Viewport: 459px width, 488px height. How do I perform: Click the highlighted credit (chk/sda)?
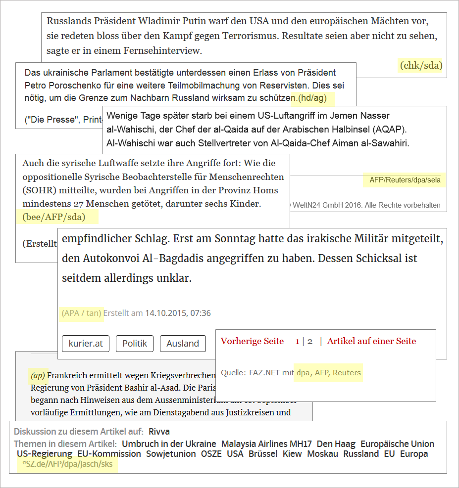pos(421,65)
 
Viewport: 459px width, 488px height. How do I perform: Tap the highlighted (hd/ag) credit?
pos(312,98)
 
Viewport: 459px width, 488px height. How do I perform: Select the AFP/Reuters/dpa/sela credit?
pos(405,180)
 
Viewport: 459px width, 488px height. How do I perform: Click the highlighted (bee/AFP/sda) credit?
pos(54,217)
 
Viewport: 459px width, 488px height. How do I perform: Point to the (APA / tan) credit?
pos(82,313)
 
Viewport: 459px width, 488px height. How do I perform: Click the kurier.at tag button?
pos(86,344)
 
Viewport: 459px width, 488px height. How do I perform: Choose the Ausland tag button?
pos(183,344)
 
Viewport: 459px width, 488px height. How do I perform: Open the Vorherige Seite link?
pos(252,341)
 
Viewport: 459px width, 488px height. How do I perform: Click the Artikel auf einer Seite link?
pos(371,341)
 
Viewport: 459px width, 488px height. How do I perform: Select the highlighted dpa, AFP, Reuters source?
pos(328,372)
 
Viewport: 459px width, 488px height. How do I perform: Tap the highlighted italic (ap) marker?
pos(38,375)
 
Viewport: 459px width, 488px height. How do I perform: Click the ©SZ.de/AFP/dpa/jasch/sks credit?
pos(67,464)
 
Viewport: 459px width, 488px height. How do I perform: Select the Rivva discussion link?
pos(159,432)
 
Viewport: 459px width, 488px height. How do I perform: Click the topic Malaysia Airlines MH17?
pos(266,444)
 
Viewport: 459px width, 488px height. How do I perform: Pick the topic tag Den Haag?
pos(336,444)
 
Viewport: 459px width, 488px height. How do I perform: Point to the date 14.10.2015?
pos(165,313)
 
